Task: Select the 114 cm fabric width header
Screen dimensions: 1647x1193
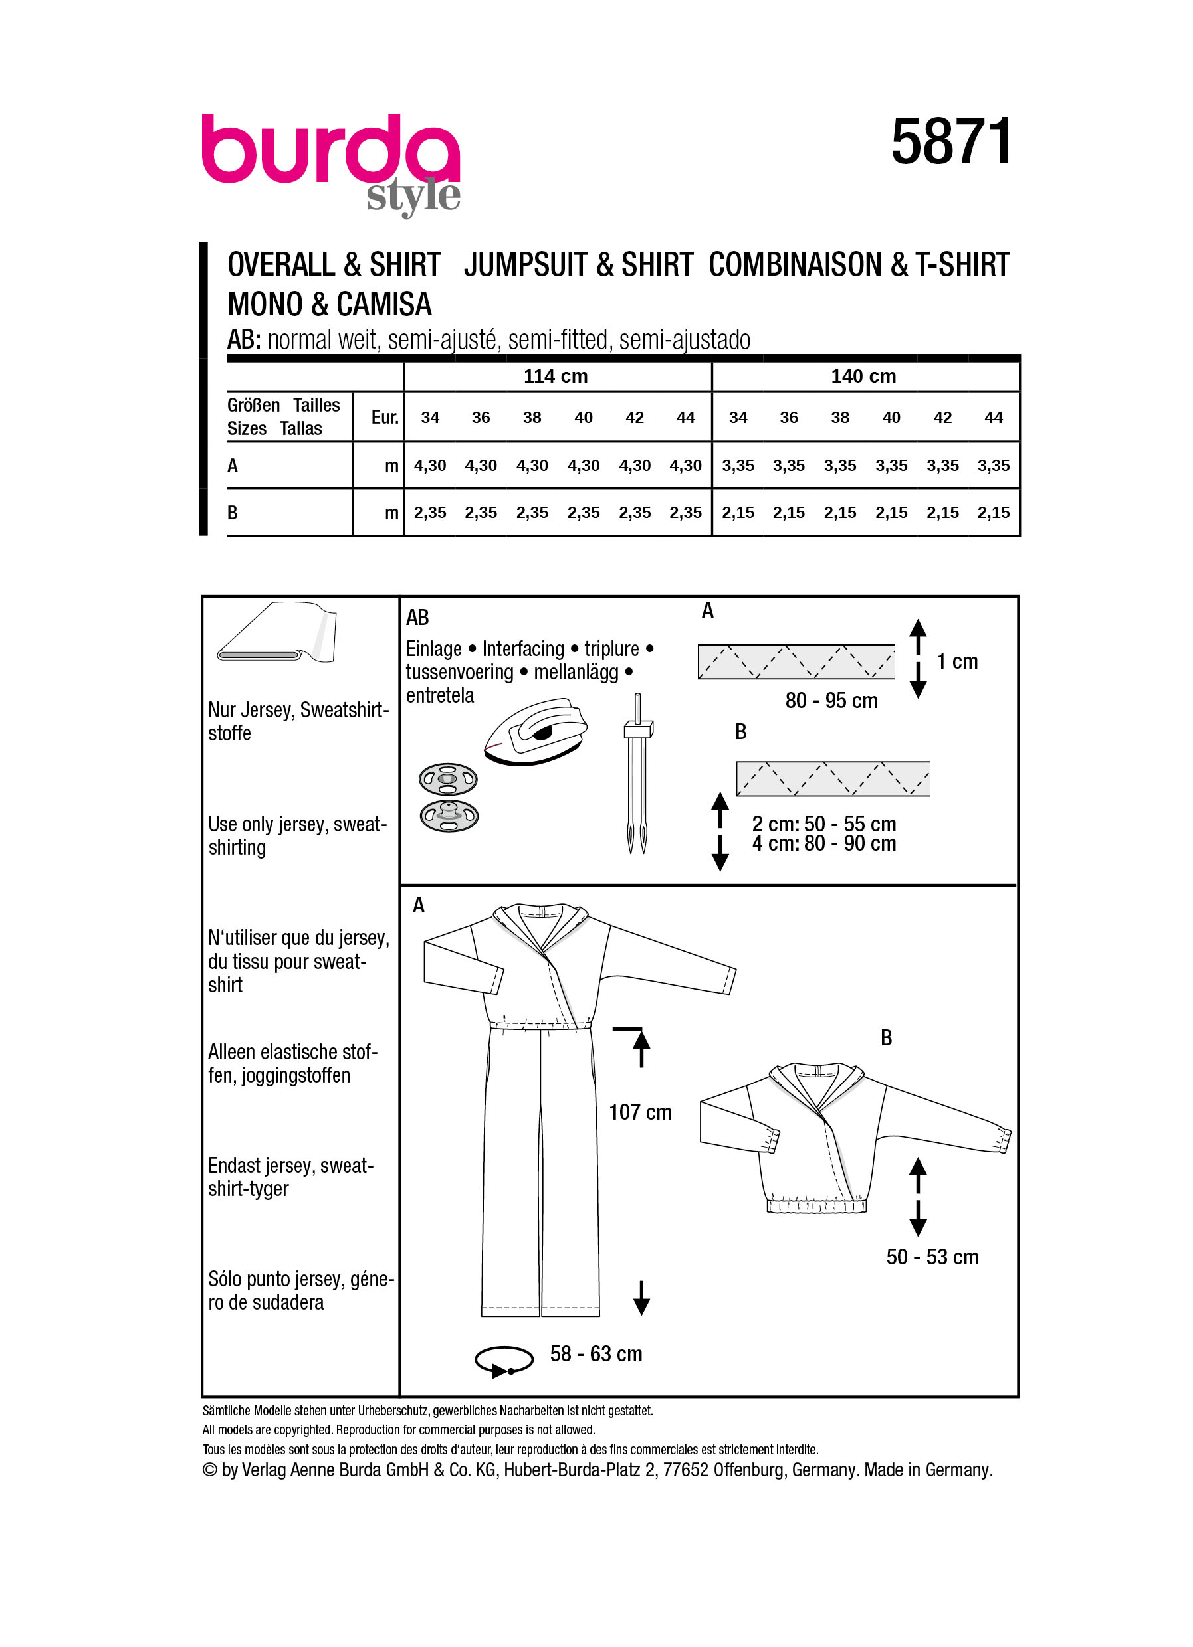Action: coord(555,376)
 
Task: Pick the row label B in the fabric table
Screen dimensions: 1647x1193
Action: coord(233,513)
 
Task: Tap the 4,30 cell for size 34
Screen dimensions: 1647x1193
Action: coord(429,466)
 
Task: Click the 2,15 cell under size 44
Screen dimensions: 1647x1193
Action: coord(992,513)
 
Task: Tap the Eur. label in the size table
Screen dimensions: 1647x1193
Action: coord(384,418)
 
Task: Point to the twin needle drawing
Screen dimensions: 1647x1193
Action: coord(637,774)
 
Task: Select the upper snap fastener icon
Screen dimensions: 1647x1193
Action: coord(447,780)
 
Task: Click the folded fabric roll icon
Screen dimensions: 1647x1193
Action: coord(277,632)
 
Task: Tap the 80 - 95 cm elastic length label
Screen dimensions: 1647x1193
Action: coord(831,701)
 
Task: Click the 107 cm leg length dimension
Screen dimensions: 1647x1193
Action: coord(639,1112)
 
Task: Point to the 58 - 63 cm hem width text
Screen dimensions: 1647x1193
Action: coord(596,1353)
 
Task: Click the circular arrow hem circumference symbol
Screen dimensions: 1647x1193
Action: coord(504,1361)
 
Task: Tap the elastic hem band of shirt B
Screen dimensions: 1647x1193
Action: coord(816,1206)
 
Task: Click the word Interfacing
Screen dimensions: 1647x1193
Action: coord(522,648)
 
